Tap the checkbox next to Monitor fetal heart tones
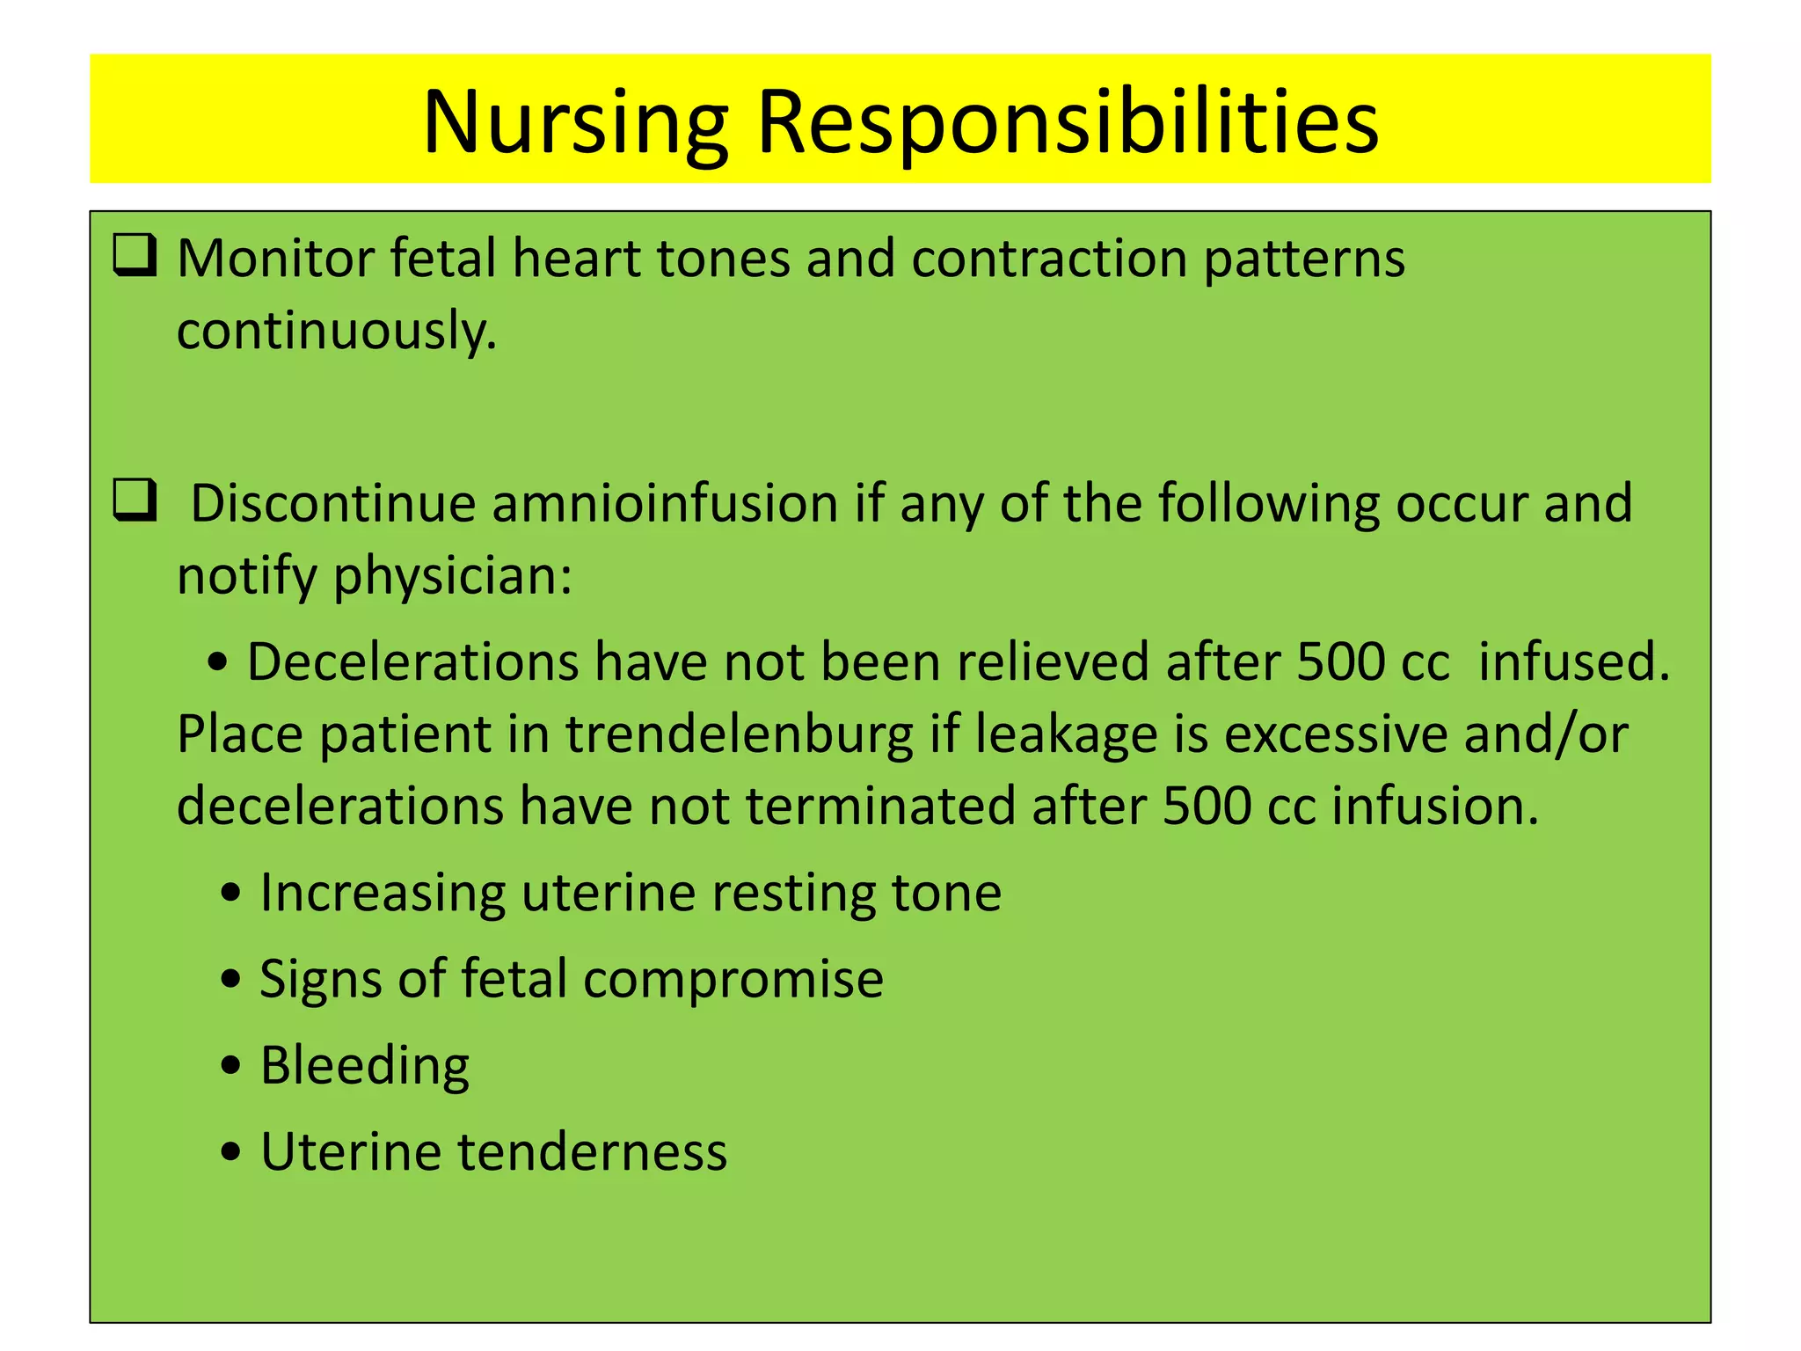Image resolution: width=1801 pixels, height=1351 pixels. click(x=135, y=256)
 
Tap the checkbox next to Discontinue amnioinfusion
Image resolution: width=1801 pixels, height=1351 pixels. click(x=135, y=500)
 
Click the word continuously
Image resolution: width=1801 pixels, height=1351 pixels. click(x=337, y=332)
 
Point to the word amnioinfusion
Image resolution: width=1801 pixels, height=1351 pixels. click(x=665, y=504)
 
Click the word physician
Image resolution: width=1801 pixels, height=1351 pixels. click(x=452, y=577)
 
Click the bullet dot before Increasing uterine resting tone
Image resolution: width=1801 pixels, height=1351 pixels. click(x=231, y=894)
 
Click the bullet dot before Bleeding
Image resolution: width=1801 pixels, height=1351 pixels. click(x=231, y=1066)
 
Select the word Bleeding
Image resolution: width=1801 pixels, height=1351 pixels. click(x=365, y=1066)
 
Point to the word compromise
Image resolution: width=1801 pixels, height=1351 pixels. click(x=733, y=980)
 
